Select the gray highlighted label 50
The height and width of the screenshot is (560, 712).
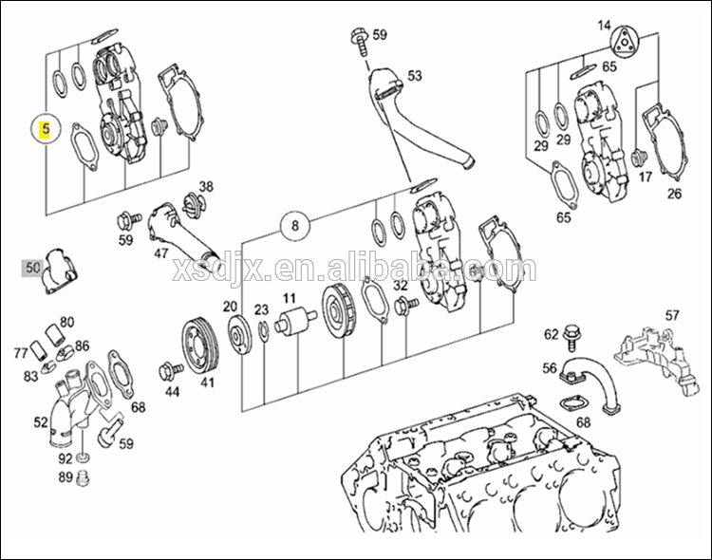pos(33,269)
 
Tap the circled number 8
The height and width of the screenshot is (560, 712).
pos(295,226)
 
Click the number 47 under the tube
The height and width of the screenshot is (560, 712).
pos(161,253)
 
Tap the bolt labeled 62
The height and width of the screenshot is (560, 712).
pos(572,335)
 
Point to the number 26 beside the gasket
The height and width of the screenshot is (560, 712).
pos(674,195)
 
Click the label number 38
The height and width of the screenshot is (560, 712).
pos(206,186)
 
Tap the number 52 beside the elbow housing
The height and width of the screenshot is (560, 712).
pos(41,423)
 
